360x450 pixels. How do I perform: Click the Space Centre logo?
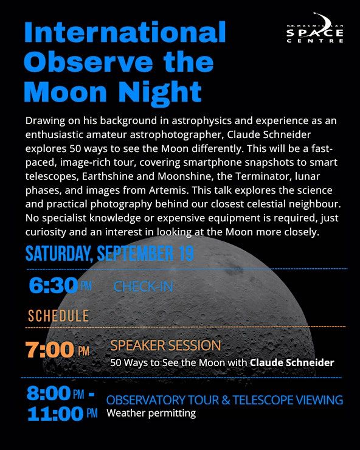click(314, 28)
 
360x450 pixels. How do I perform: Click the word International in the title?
click(125, 32)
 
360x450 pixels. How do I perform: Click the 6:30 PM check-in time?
click(60, 286)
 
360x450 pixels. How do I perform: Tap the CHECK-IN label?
click(144, 286)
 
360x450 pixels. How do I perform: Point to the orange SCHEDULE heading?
click(58, 316)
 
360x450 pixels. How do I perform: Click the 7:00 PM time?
click(57, 350)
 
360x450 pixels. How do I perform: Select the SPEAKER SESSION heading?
click(165, 345)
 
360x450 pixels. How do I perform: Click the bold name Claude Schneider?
click(292, 362)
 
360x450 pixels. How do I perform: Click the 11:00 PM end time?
click(62, 414)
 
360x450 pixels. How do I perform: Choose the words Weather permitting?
click(151, 414)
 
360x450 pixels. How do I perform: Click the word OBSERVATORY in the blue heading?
click(146, 400)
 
